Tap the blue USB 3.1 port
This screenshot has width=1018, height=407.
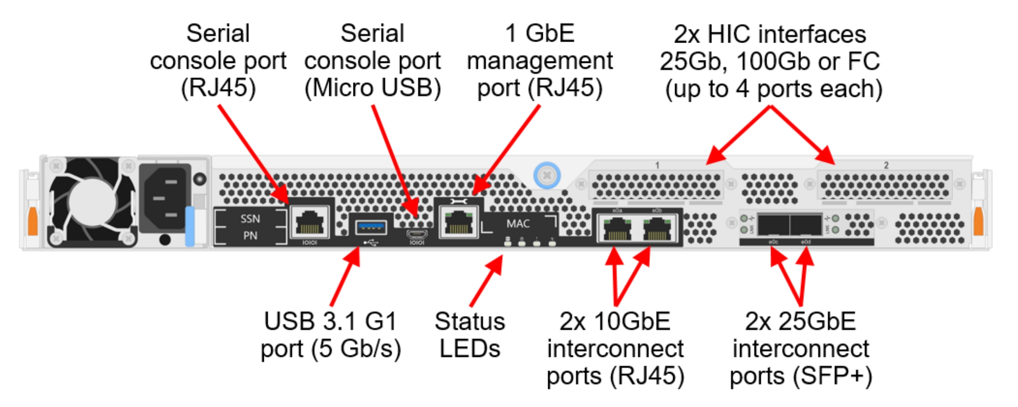point(371,228)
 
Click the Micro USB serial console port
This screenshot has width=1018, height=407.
point(417,234)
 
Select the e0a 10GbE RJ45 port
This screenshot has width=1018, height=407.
point(617,228)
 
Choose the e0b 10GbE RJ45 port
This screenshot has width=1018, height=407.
point(657,228)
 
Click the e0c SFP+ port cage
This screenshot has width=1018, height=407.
point(773,224)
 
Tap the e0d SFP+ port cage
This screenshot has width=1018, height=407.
point(806,224)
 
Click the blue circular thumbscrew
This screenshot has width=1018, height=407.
point(547,175)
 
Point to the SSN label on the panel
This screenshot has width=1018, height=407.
point(250,219)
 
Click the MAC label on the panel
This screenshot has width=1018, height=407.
point(518,223)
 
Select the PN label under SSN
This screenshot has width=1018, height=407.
point(250,236)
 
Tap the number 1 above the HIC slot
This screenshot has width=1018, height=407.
point(657,165)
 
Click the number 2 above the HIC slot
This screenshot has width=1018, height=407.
point(886,165)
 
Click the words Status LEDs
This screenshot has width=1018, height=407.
point(469,335)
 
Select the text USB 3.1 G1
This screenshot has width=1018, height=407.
point(330,322)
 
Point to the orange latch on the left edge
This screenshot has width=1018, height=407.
point(33,220)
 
